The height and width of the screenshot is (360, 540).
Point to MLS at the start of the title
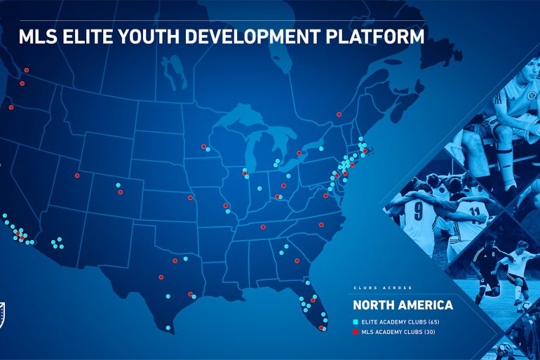[37, 36]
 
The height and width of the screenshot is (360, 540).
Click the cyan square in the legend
[355, 321]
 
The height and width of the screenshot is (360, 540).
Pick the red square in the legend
[355, 331]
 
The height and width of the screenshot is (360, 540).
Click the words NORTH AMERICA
[403, 305]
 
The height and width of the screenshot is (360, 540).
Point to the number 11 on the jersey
[475, 210]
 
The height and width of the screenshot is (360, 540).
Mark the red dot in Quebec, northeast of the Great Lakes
[339, 115]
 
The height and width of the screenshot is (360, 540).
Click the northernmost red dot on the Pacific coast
[26, 70]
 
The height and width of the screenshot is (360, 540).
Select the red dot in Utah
[77, 175]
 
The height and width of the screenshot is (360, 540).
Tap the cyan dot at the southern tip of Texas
[168, 328]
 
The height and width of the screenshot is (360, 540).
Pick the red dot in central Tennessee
[263, 227]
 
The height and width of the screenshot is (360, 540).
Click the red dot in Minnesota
[203, 147]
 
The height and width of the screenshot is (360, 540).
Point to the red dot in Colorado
[120, 192]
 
